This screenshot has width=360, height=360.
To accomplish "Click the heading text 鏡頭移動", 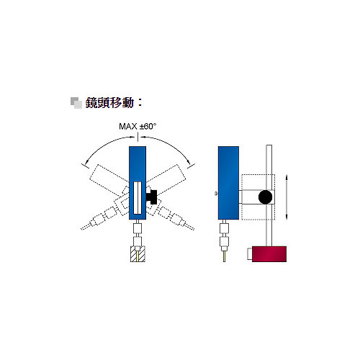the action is tap(109, 103).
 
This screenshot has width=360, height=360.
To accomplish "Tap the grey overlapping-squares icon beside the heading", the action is tap(76, 103).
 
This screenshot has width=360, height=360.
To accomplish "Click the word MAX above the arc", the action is tap(128, 127).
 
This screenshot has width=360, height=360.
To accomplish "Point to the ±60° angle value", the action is tap(148, 126).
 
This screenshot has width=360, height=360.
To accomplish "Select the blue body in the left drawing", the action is tap(138, 183).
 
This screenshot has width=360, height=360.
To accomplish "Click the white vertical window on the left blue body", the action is tap(138, 198).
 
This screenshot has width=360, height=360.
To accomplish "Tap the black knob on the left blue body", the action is tap(151, 197).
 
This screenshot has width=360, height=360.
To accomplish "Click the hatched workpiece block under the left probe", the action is tap(138, 254).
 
